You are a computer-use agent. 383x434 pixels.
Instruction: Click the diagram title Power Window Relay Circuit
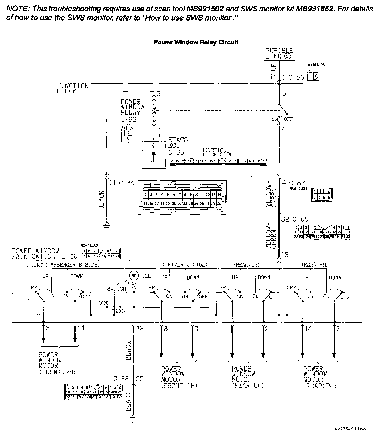(196, 42)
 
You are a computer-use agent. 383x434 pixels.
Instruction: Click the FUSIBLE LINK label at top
(279, 53)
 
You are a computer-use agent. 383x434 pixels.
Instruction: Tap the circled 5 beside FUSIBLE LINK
(287, 56)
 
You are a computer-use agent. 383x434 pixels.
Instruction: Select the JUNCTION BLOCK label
(73, 89)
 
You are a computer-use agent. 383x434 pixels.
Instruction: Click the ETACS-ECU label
(179, 143)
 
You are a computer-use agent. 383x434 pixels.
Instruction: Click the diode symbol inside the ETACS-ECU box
(153, 154)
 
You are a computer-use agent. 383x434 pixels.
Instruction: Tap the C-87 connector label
(297, 183)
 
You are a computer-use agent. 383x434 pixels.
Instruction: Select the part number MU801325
(316, 65)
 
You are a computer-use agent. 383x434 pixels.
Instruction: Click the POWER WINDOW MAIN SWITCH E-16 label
(44, 254)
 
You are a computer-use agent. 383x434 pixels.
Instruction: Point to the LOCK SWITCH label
(116, 287)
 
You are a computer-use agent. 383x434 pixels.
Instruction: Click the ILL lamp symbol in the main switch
(134, 276)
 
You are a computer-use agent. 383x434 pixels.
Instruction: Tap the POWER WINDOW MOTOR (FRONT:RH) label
(57, 363)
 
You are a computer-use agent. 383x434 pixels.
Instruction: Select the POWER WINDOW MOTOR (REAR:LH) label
(247, 377)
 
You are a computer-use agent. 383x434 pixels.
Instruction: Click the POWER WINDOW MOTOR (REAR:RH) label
(319, 377)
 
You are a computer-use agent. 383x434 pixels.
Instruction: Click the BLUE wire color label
(274, 71)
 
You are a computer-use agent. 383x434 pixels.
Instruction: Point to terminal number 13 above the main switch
(285, 255)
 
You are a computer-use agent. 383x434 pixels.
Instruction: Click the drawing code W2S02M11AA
(350, 428)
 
